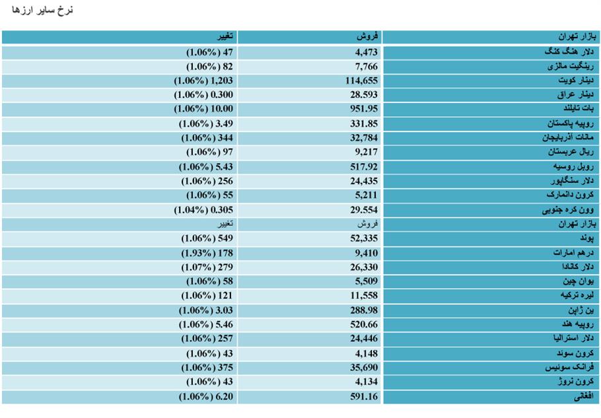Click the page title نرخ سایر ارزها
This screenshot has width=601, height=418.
click(42, 10)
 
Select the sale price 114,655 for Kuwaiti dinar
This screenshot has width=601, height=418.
click(361, 81)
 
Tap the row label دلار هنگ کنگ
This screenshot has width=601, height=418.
click(569, 52)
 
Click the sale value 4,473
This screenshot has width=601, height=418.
click(366, 52)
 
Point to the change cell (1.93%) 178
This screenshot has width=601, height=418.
click(207, 254)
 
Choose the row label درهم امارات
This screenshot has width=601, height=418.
click(573, 253)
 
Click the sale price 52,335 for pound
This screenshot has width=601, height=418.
click(364, 238)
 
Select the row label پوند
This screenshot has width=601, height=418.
click(587, 238)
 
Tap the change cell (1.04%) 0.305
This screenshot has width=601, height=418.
click(203, 210)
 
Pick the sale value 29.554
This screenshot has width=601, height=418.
click(364, 210)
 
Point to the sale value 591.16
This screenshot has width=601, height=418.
click(364, 397)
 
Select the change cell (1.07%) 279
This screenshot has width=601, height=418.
click(207, 267)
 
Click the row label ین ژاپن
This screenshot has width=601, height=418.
click(581, 310)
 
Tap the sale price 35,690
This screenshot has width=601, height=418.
click(364, 368)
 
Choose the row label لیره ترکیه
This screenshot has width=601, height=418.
click(577, 295)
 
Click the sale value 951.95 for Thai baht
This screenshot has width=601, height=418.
click(364, 109)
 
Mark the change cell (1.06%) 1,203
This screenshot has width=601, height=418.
click(203, 81)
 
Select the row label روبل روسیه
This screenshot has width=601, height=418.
click(573, 166)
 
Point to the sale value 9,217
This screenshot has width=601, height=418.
click(366, 152)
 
